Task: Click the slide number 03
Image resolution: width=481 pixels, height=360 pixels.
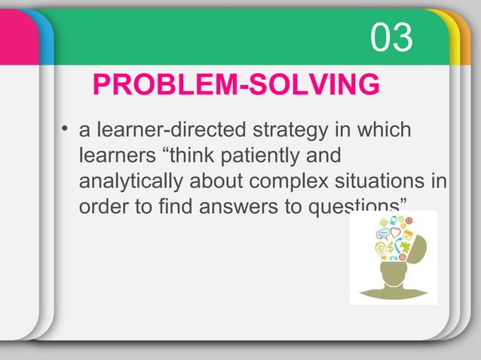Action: click(x=392, y=38)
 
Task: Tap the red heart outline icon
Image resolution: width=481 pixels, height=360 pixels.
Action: click(x=395, y=233)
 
